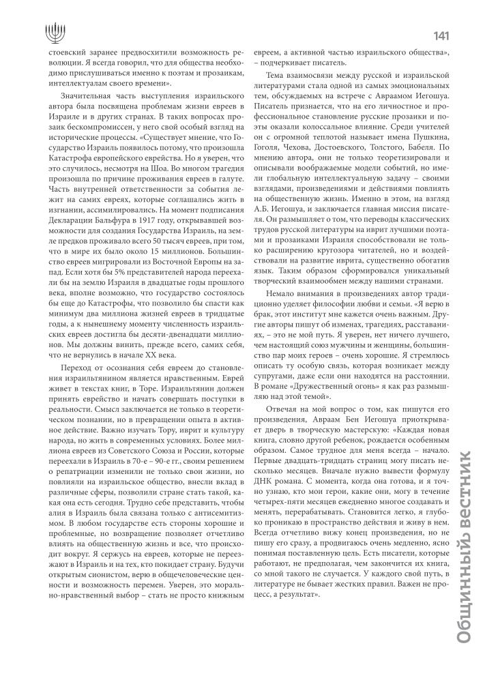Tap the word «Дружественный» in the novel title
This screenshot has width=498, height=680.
click(x=320, y=396)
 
